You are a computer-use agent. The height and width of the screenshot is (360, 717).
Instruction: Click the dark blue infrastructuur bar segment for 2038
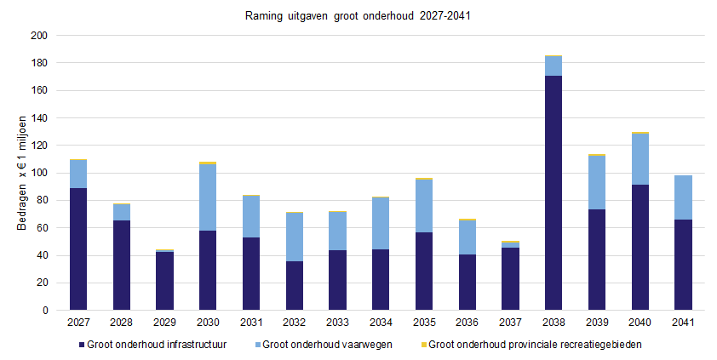point(554,193)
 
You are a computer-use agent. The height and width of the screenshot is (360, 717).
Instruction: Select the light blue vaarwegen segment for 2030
point(208,197)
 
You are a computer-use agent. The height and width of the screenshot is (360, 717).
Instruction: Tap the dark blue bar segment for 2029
point(164,281)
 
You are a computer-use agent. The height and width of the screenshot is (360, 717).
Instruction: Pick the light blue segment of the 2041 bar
point(683,197)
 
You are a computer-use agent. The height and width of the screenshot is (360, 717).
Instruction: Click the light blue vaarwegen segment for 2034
point(381,223)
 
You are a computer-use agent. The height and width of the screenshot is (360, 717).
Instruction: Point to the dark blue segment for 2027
point(78,249)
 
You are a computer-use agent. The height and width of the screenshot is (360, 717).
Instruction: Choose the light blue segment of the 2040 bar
point(640,159)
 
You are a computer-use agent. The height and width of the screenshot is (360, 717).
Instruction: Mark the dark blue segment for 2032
point(294,286)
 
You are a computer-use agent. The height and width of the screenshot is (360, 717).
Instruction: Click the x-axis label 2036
point(467,323)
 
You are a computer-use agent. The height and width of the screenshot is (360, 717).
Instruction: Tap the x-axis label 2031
point(251,323)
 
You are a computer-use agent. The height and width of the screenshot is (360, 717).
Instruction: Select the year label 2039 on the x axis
point(597,323)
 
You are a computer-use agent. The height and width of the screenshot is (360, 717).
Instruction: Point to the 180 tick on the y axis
point(39,63)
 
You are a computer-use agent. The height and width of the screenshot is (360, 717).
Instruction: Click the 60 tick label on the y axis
point(42,228)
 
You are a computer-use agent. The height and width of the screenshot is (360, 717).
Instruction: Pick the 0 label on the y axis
point(45,311)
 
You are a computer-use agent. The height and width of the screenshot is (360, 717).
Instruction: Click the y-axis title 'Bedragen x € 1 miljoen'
point(21,173)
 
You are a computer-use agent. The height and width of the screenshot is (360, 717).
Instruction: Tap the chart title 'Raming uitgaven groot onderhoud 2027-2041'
point(358,16)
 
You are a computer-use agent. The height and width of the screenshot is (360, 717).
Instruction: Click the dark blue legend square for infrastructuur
point(82,345)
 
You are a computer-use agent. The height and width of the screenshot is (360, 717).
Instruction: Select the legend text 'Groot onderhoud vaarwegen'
point(327,345)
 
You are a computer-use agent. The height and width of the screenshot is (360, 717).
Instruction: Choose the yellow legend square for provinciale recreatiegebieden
point(423,345)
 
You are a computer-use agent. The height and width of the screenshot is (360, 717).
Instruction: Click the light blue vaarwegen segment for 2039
point(597,183)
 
